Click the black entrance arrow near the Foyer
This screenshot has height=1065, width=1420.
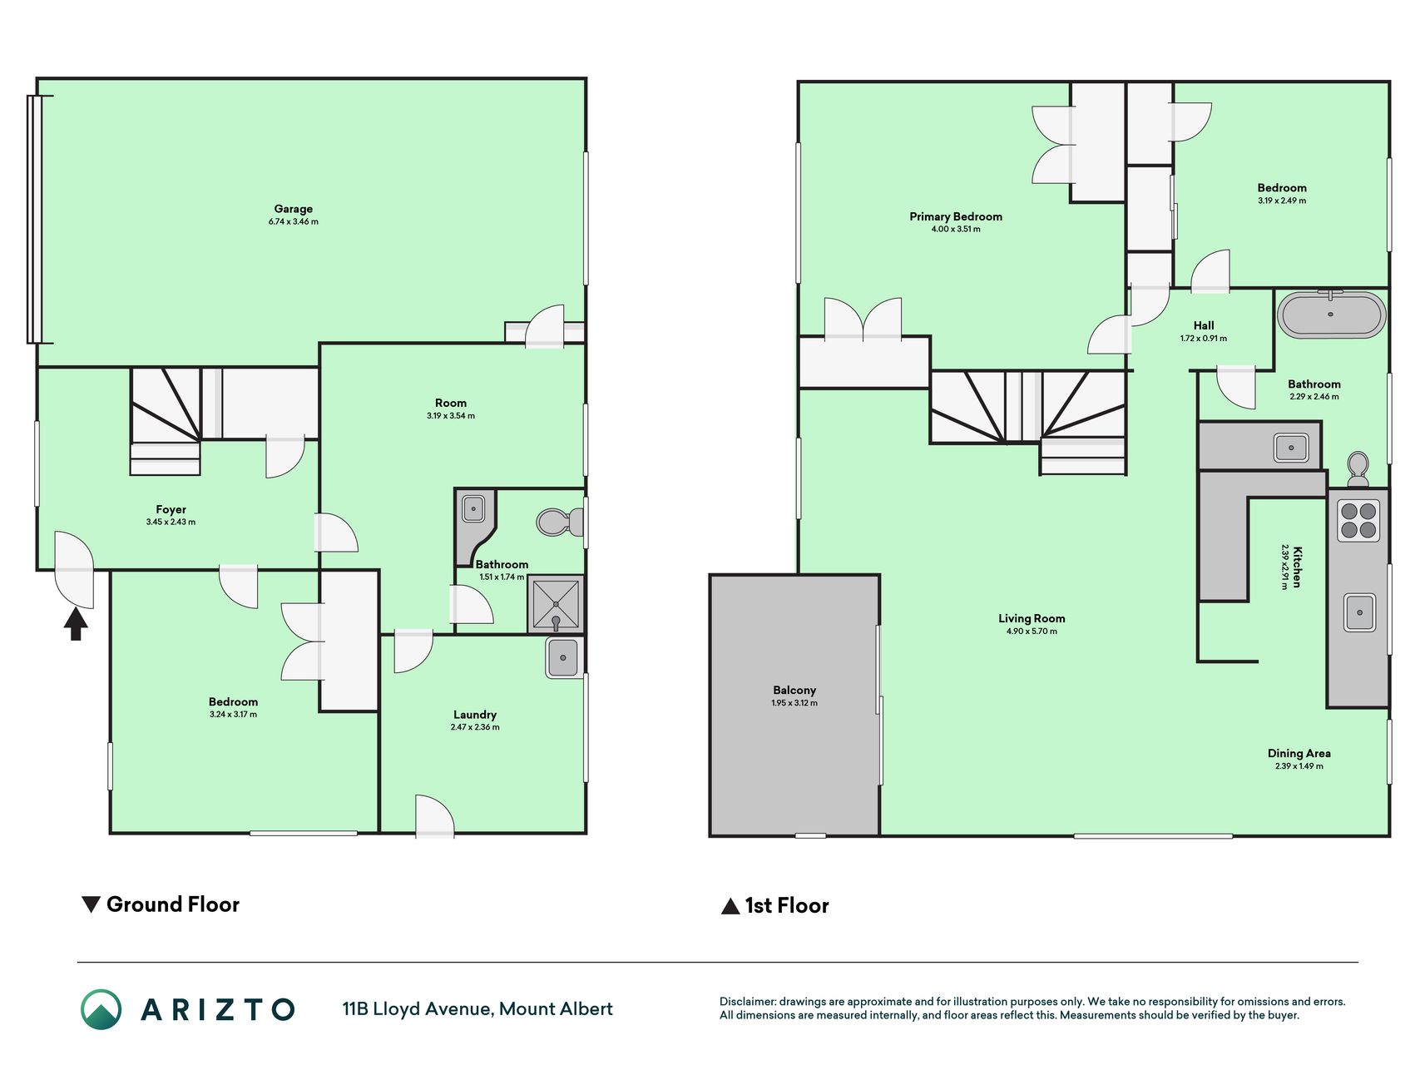[76, 623]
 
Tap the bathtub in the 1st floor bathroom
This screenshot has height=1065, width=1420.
[1331, 315]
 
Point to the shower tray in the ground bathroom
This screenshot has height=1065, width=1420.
[555, 604]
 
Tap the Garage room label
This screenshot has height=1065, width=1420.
[294, 209]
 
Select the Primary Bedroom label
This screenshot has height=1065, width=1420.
[956, 216]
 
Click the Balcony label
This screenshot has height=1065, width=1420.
[794, 690]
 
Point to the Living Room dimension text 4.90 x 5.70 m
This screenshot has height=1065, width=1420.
[1032, 632]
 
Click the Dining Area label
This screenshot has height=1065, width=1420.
[1299, 754]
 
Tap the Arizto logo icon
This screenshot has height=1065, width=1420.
[101, 1009]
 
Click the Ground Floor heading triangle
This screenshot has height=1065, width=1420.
[91, 904]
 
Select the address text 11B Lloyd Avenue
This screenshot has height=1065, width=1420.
[418, 1009]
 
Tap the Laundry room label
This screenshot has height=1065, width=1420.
[475, 715]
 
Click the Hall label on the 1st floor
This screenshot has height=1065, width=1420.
[1204, 325]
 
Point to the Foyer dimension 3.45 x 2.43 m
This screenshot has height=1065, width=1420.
[171, 523]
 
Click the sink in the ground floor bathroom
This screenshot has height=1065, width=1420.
[473, 508]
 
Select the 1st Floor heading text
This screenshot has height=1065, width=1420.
[787, 905]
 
